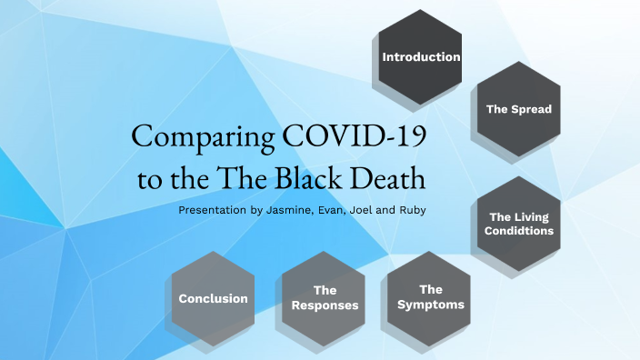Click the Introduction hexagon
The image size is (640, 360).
click(421, 56)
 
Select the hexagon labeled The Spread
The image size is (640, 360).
click(518, 109)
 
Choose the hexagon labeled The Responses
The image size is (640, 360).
click(324, 298)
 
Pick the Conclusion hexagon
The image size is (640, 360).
click(213, 298)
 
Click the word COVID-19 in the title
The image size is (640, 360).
click(355, 136)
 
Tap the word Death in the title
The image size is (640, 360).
click(385, 178)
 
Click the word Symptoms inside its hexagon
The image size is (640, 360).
click(430, 305)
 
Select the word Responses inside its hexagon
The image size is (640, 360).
click(324, 305)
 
